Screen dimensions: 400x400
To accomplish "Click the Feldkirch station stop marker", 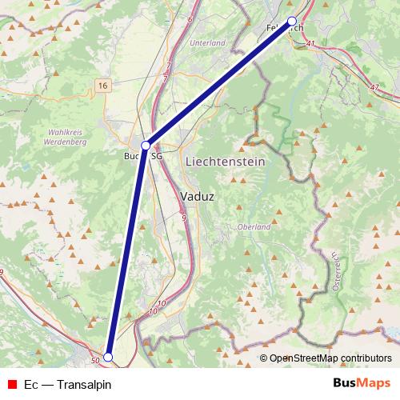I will coord(292,21).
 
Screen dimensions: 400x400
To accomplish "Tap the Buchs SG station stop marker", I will coord(146,145).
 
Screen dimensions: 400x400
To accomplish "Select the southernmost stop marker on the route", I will coord(108,357).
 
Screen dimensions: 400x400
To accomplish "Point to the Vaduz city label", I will coord(197,194).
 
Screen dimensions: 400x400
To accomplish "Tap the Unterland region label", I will coord(208,42).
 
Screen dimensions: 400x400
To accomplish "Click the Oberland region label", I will coord(254,227).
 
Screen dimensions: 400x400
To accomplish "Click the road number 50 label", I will coord(95,362).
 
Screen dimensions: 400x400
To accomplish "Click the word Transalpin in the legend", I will coord(83,385).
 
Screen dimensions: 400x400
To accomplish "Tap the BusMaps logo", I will coord(362,384).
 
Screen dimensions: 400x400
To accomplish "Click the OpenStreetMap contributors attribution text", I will coord(330,358).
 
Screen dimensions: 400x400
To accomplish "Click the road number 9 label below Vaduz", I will coord(183,217).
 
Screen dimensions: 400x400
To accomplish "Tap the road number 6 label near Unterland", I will coord(190,18).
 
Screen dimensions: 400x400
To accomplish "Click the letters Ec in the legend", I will coord(31,385).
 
